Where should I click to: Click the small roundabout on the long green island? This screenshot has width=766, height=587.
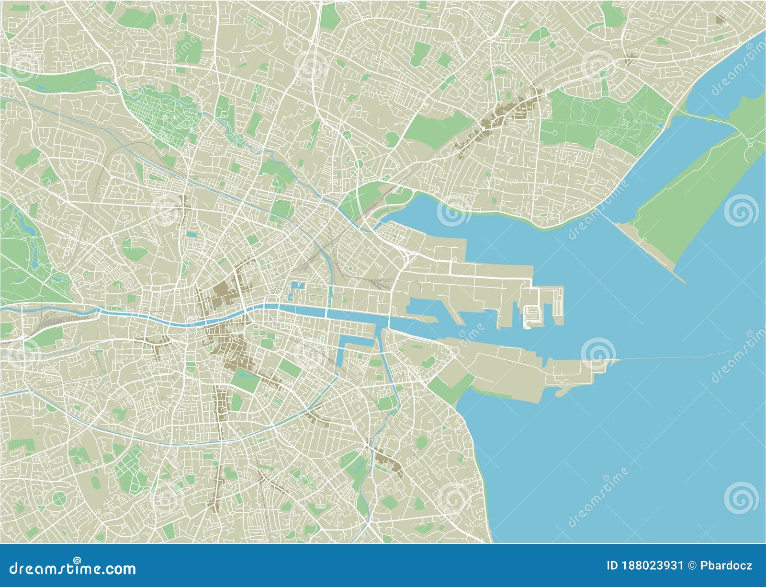pyautogui.click(x=750, y=143)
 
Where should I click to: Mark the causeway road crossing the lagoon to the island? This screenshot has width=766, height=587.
pyautogui.click(x=704, y=116)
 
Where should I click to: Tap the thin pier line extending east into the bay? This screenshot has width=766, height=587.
pyautogui.click(x=680, y=356)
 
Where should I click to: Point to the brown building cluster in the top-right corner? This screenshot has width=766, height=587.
pyautogui.click(x=720, y=19)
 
